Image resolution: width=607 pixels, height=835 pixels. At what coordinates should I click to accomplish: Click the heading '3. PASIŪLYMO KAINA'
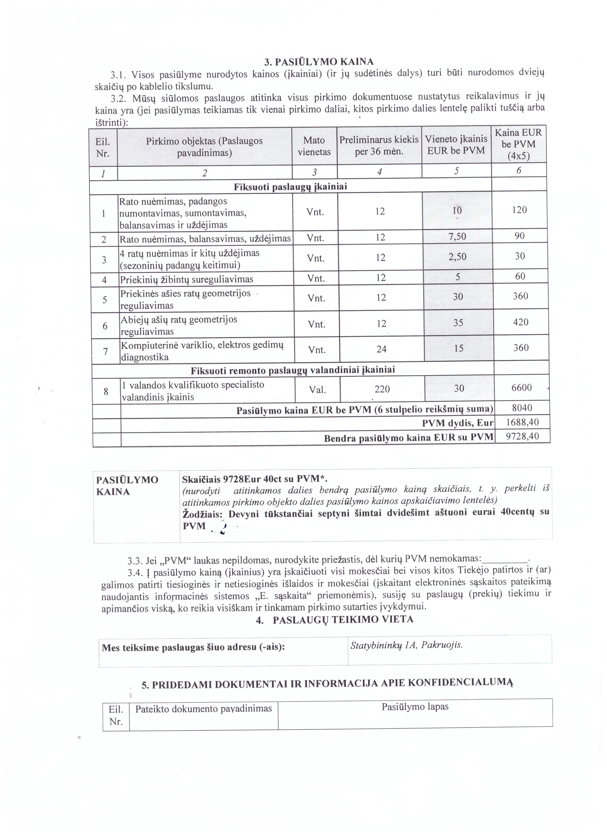tap(319, 61)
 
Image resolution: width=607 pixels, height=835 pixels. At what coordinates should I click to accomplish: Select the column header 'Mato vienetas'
tap(314, 146)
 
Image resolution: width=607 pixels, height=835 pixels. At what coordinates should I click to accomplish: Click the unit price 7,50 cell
tap(457, 236)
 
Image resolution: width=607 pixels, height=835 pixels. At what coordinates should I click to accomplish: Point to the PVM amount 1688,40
tap(522, 422)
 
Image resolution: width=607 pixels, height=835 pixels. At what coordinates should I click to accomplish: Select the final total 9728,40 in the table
tap(522, 436)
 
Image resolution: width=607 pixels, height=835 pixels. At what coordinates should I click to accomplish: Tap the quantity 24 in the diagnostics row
tap(381, 349)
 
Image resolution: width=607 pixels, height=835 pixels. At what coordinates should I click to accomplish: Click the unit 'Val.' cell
tap(317, 389)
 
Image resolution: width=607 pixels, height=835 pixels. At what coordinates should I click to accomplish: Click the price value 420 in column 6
tap(520, 322)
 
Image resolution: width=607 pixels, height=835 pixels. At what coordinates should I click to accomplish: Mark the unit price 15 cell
tap(458, 348)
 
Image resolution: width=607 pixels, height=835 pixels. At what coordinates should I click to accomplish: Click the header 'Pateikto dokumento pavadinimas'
tap(204, 708)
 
